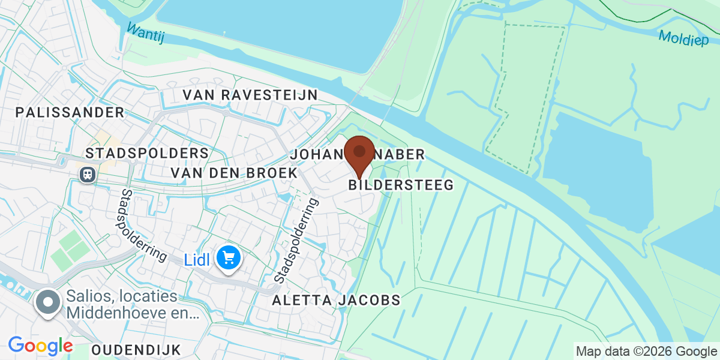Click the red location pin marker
point(360,154)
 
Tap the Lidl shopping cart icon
point(229,258)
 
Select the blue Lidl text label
point(197,259)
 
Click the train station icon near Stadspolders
point(88,174)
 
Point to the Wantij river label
point(145,33)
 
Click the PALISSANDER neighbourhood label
point(70,112)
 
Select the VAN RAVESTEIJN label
point(250,95)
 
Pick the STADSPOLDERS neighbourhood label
point(147,153)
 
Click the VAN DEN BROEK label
point(234,173)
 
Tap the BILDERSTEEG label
point(401,185)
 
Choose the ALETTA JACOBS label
point(336,300)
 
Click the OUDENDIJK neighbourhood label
point(136,349)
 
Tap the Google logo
point(40,346)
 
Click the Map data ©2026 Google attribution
point(646,351)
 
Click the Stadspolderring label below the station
point(143,224)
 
